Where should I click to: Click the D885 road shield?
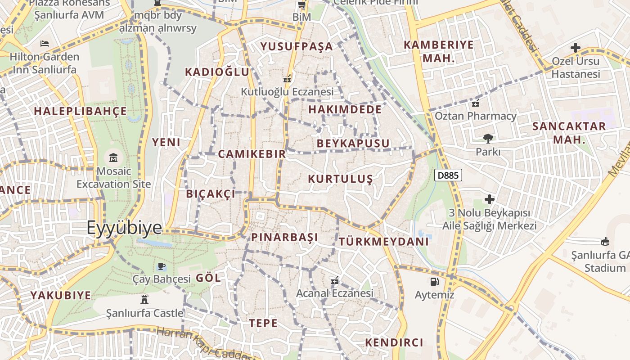click(x=448, y=175)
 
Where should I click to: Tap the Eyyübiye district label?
click(x=124, y=228)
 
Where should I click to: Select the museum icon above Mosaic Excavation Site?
click(x=113, y=158)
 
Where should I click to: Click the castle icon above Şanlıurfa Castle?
click(x=144, y=299)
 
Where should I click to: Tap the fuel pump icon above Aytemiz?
click(x=434, y=282)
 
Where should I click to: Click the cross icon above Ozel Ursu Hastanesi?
click(x=575, y=47)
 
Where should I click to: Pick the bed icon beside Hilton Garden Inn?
click(x=45, y=44)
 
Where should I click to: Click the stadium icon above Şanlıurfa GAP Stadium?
click(x=605, y=242)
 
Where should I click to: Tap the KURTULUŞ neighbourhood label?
click(x=341, y=179)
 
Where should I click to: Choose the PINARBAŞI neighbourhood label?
click(x=284, y=237)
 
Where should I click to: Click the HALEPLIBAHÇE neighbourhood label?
click(x=81, y=111)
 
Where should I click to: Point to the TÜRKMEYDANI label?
click(x=384, y=242)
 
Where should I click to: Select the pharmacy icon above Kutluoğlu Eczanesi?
click(x=287, y=78)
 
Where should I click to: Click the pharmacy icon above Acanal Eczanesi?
click(x=334, y=280)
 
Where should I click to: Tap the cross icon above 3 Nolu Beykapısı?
click(x=490, y=199)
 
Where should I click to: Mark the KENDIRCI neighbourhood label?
click(x=394, y=342)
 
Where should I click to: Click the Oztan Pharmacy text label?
click(x=476, y=116)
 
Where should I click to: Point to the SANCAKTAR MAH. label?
click(x=569, y=133)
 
